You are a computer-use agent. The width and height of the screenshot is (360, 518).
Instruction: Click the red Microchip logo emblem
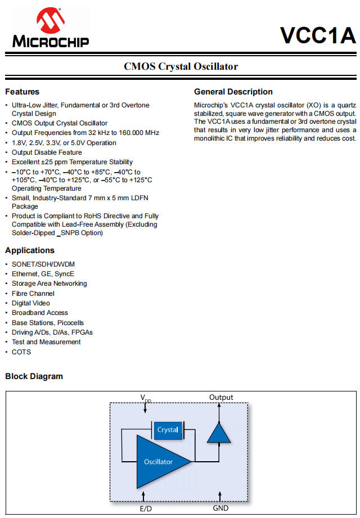coord(50,21)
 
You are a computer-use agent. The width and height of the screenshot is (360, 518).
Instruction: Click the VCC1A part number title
coord(318,35)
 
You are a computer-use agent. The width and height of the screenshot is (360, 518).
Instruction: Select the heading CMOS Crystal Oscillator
coord(181,66)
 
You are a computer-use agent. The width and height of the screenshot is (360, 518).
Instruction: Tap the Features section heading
coord(22,92)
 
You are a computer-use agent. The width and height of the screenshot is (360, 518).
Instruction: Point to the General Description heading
coord(233,92)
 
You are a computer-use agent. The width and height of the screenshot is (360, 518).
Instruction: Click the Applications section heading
coord(30,250)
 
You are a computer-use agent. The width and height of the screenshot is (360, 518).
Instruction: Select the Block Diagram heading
coord(34,376)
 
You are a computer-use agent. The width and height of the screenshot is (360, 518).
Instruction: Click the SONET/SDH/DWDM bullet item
coord(43,264)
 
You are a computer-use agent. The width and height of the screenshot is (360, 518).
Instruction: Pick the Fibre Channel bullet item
coord(33,294)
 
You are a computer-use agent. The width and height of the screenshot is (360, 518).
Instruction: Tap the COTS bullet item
coord(21,352)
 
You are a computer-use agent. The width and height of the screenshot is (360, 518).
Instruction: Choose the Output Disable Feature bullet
coord(47,152)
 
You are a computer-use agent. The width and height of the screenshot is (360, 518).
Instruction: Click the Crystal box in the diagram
coord(168,430)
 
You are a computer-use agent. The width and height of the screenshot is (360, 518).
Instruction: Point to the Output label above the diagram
coord(221,397)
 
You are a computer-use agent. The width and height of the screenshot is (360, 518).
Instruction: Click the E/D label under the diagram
coord(146,508)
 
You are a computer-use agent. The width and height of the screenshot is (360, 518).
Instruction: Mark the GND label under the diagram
coord(220,508)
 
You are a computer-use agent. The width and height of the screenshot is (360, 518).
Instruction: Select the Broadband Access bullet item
coord(40,313)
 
